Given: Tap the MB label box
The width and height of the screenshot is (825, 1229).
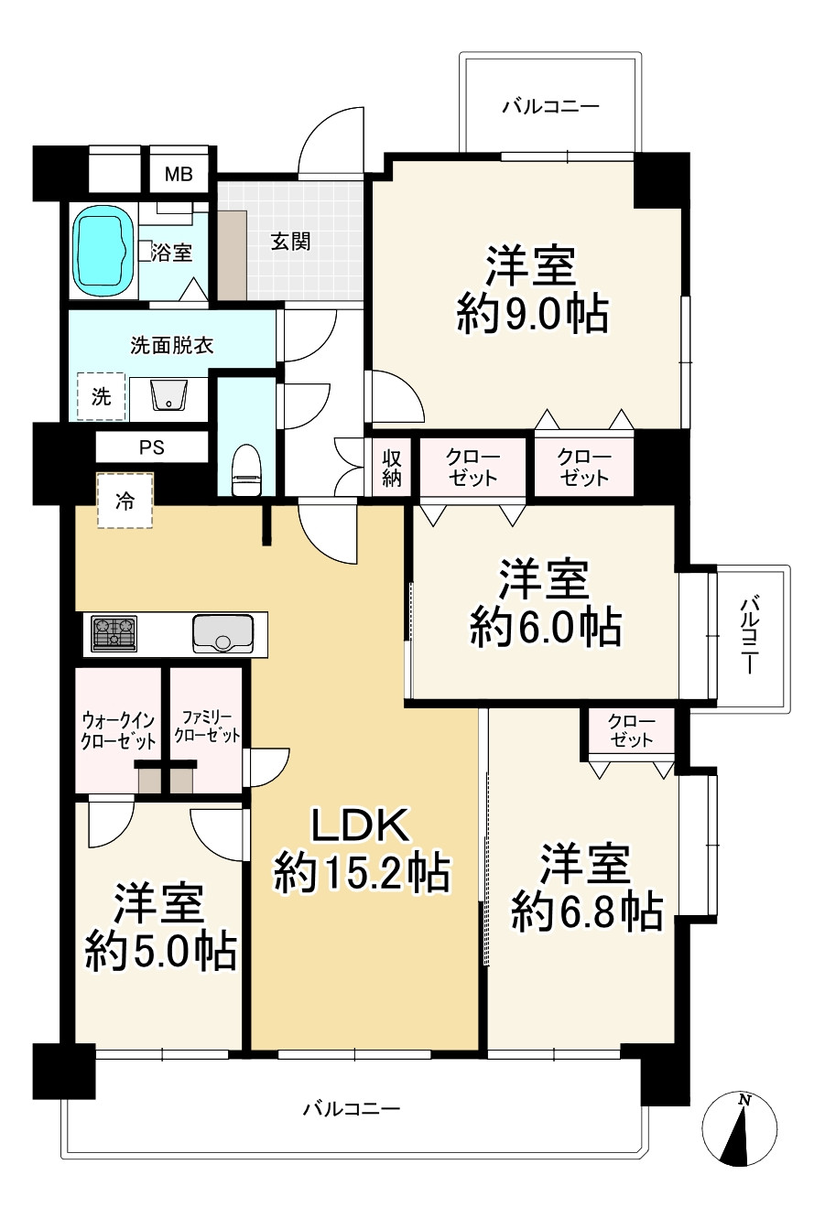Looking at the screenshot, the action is click(179, 175).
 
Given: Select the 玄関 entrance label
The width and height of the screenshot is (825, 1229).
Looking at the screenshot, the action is click(291, 241).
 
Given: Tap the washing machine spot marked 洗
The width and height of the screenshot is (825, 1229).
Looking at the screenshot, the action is click(101, 396).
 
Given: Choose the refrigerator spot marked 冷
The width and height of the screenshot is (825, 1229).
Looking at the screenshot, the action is click(125, 501).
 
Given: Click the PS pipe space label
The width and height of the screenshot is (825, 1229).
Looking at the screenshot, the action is click(151, 447).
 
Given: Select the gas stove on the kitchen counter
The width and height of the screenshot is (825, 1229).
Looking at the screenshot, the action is click(114, 633).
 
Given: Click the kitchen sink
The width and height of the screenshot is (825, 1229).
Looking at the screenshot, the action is click(223, 633).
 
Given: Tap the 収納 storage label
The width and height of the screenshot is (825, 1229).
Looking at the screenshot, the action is click(391, 468).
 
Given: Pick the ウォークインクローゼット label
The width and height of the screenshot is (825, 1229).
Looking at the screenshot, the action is click(118, 731).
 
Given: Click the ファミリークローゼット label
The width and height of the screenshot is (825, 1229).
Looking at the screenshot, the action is click(207, 727).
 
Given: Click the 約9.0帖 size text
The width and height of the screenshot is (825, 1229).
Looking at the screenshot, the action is click(533, 315).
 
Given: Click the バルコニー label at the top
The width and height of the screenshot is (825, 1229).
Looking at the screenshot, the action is click(551, 106).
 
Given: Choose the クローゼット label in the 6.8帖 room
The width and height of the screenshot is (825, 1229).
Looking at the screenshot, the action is click(631, 731).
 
